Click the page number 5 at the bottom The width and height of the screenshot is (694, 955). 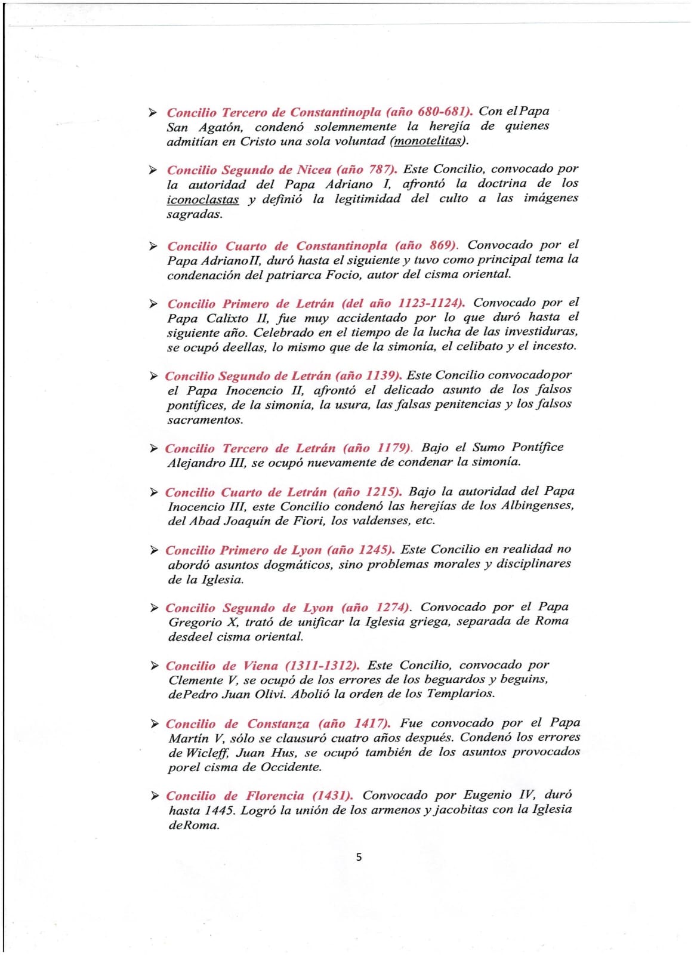click(359, 857)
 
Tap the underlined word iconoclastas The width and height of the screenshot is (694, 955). click(202, 199)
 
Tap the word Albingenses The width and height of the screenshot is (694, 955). click(537, 506)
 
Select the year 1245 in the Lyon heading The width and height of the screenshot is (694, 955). click(374, 550)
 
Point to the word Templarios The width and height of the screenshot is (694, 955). click(461, 694)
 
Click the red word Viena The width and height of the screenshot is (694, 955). click(261, 666)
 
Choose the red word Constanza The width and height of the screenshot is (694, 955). click(278, 724)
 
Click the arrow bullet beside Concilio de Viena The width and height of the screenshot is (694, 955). click(154, 666)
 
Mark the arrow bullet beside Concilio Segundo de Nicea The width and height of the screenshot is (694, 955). click(153, 170)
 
